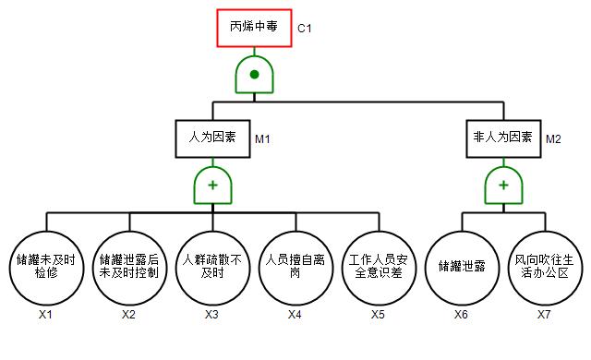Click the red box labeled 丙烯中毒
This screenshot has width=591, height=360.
click(254, 29)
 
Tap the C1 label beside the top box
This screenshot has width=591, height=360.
click(305, 29)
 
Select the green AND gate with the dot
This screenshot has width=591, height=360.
click(255, 75)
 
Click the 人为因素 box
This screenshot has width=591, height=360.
click(212, 138)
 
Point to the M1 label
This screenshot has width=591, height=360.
click(262, 139)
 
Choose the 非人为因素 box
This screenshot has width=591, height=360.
click(503, 138)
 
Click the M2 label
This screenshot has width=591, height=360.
click(553, 139)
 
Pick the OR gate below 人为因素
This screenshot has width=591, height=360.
click(212, 186)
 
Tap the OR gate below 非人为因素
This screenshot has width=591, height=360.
click(503, 186)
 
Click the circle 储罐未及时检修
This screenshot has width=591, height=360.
click(46, 268)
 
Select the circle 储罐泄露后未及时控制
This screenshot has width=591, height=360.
click(129, 268)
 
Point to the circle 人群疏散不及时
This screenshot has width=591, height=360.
click(212, 268)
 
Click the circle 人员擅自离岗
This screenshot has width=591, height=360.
click(295, 268)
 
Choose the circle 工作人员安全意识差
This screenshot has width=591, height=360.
click(379, 268)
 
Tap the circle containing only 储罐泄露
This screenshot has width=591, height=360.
click(462, 268)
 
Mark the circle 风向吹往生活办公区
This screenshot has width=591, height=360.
click(545, 268)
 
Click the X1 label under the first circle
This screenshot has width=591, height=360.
click(45, 315)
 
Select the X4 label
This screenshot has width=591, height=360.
click(295, 315)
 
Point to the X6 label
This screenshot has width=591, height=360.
click(461, 315)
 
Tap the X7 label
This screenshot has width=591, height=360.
click(544, 315)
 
